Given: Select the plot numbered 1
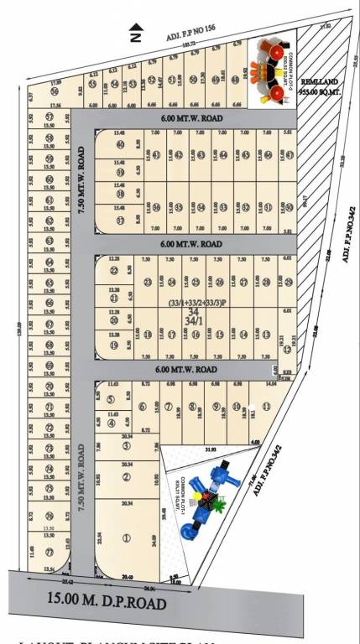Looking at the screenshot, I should [x=127, y=538].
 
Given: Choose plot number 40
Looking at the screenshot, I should [x=120, y=143].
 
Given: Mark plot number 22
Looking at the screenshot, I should [x=114, y=270].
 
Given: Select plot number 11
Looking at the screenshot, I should [x=266, y=407].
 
